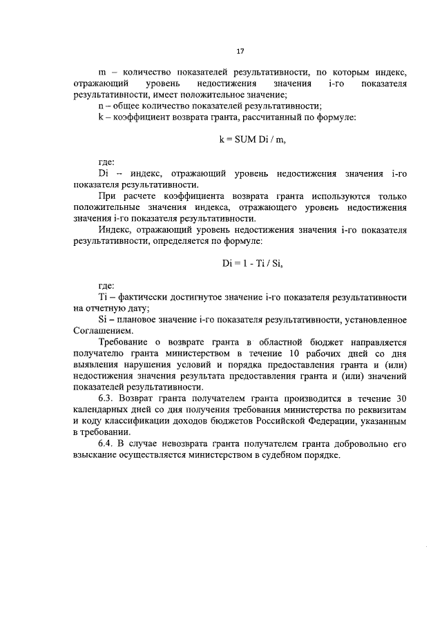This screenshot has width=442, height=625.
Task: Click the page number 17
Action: [240, 51]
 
